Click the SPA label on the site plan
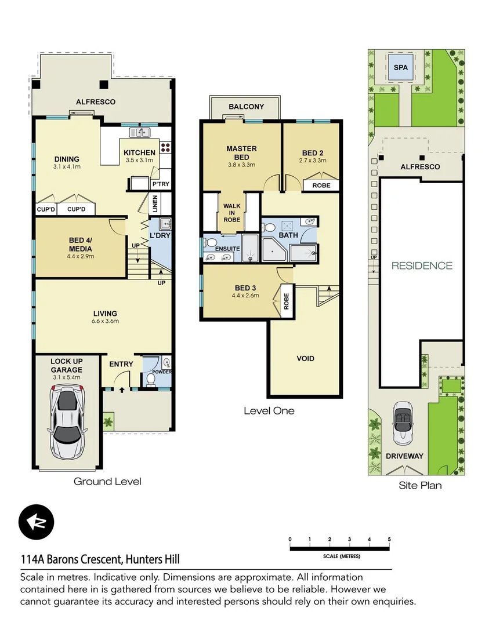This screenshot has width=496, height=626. tap(400, 67)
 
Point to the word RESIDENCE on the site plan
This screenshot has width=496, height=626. tap(422, 265)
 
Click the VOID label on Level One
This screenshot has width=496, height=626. tap(305, 358)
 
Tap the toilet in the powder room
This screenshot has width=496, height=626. tap(150, 379)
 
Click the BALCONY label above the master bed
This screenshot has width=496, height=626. tap(246, 107)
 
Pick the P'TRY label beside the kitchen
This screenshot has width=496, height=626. tap(160, 184)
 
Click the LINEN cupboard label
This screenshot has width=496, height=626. tap(155, 203)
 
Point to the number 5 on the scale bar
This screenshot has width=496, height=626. tap(389, 539)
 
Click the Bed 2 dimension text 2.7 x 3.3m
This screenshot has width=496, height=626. tap(313, 161)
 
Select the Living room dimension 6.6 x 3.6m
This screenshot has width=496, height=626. tap(105, 321)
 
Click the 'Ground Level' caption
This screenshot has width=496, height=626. tap(107, 481)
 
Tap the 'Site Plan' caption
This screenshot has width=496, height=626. tap(420, 485)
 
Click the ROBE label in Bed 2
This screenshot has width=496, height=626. tap(321, 185)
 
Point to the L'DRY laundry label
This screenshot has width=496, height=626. tap(159, 236)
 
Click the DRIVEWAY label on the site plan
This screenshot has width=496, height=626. tap(404, 456)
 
